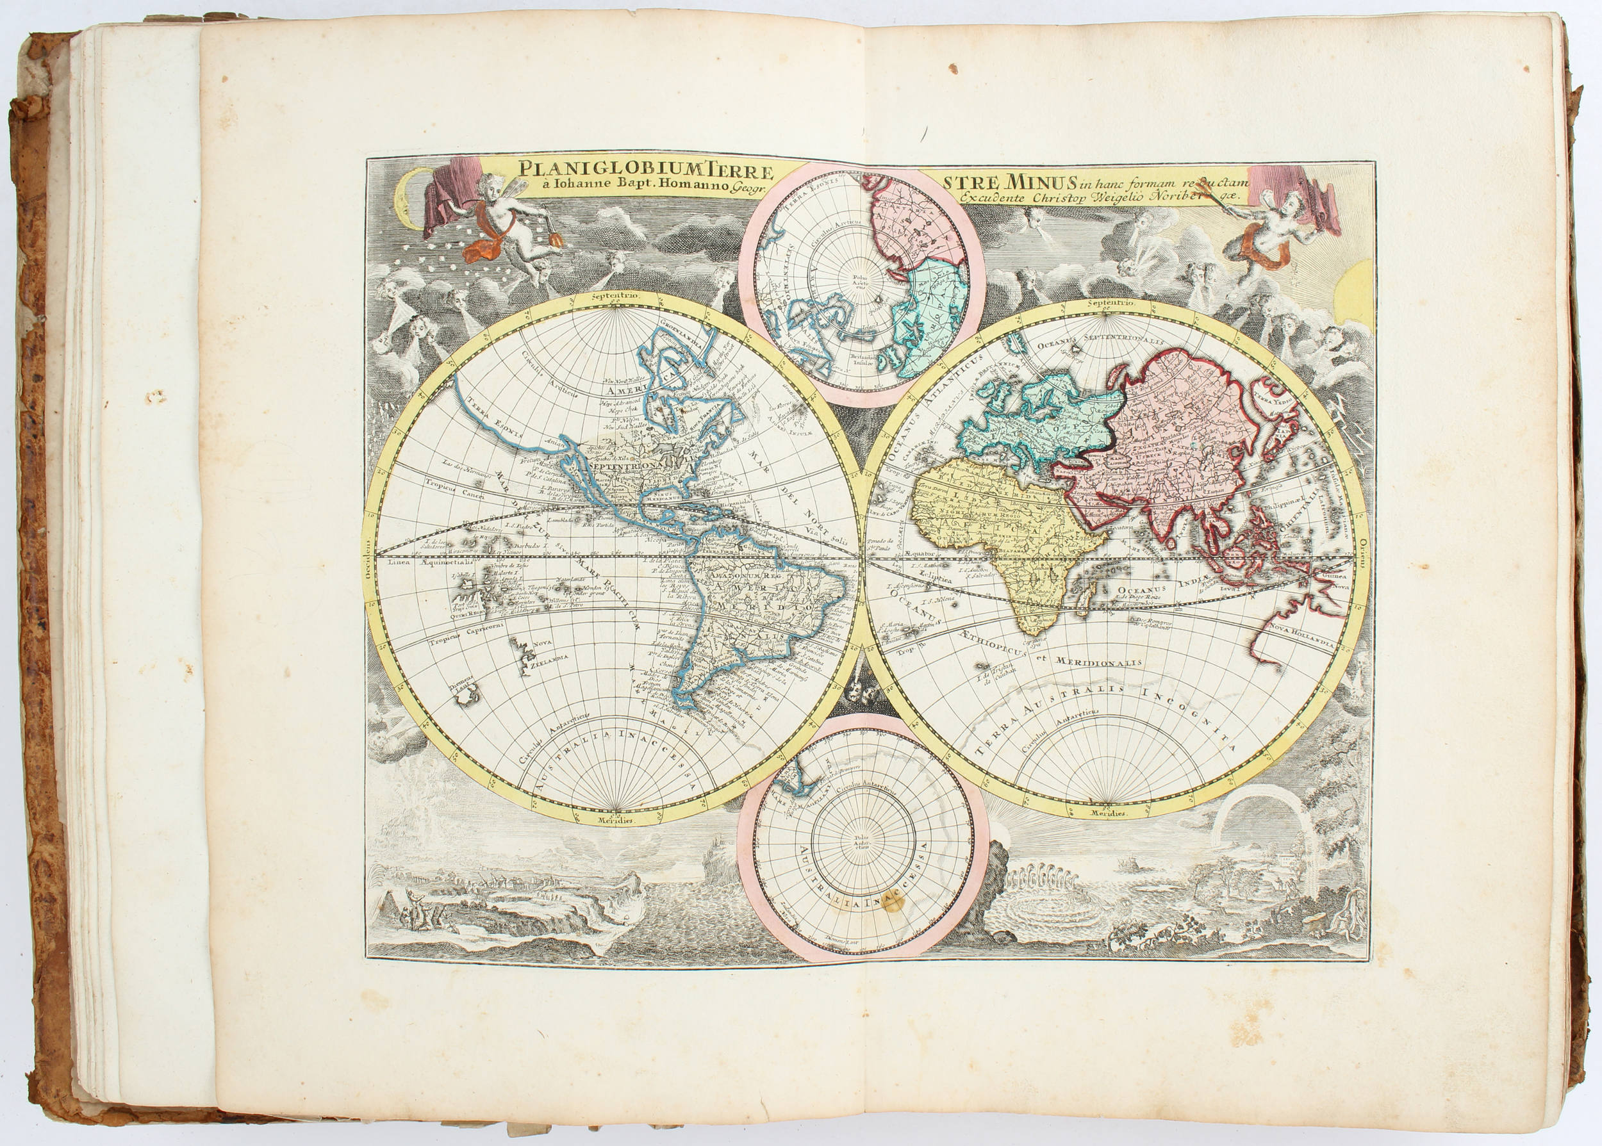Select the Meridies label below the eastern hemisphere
coord(1107,814)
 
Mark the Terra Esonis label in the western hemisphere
coord(489,411)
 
